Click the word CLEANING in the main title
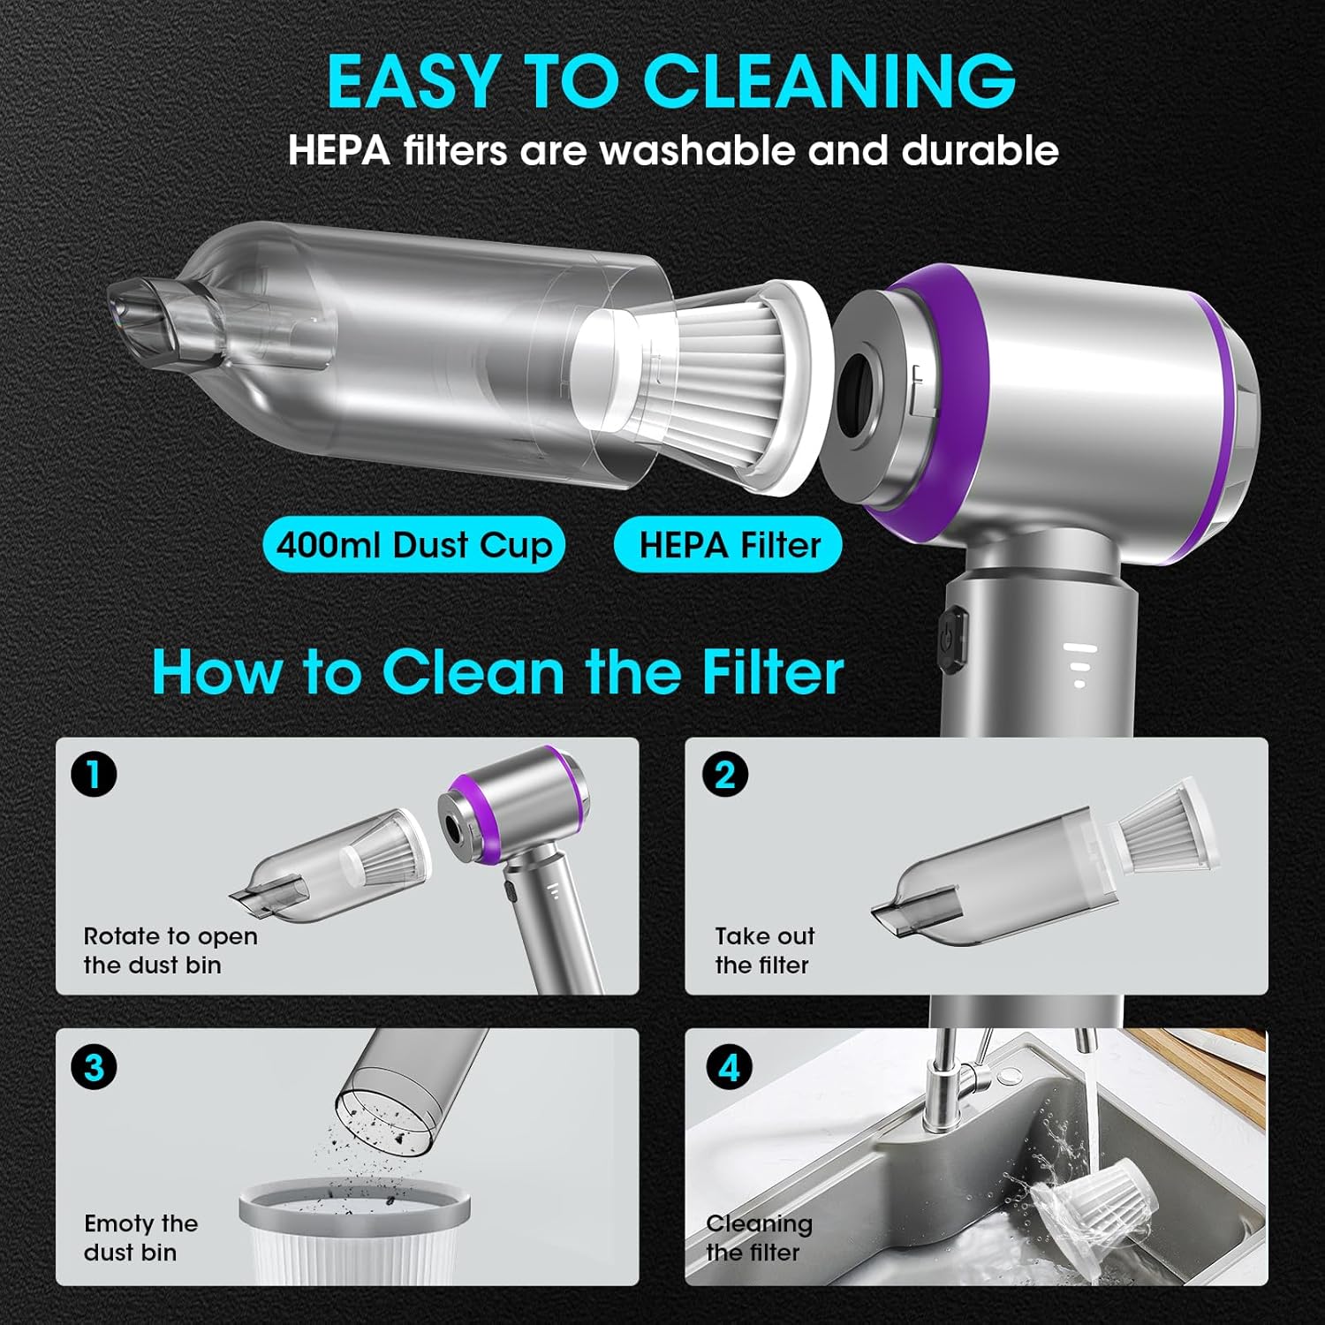click(829, 80)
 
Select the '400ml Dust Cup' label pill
click(413, 545)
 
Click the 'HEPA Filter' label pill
click(728, 545)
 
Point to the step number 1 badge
click(94, 775)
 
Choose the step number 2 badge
click(724, 775)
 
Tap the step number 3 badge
click(94, 1068)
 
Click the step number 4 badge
click(729, 1068)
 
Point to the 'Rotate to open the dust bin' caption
click(170, 950)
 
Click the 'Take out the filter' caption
click(764, 950)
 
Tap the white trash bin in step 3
click(354, 1232)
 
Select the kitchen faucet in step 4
click(958, 1086)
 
